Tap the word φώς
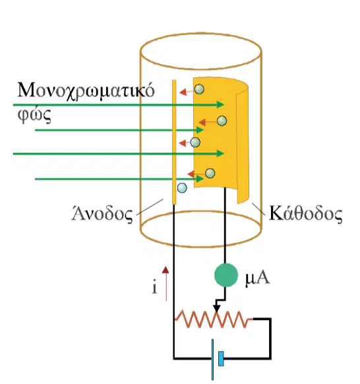(x=34, y=115)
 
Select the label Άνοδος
(x=102, y=214)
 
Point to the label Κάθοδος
(x=305, y=214)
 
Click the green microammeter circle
(x=226, y=275)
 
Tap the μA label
(x=257, y=278)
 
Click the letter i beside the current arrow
(x=154, y=287)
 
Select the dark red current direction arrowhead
(x=165, y=270)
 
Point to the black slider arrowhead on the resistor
(x=216, y=308)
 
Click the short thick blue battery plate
(x=221, y=358)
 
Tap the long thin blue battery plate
(x=212, y=359)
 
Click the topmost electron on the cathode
(x=199, y=89)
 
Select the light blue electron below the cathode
(x=182, y=188)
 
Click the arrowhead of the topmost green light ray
(x=220, y=105)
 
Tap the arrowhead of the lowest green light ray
(x=200, y=179)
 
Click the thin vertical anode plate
(x=174, y=142)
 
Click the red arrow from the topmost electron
(x=187, y=92)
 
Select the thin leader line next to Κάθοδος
(x=258, y=209)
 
